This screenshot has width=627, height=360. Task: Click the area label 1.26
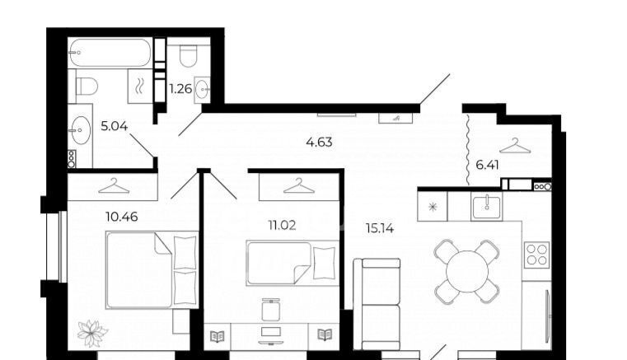(180, 88)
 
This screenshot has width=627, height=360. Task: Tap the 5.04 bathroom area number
(115, 126)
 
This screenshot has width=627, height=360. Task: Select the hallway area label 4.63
(319, 142)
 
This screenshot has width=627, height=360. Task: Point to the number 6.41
(487, 165)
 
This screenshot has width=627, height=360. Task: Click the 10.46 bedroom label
(122, 217)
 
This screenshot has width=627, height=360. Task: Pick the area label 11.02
(283, 226)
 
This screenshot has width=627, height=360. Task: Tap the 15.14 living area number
(380, 228)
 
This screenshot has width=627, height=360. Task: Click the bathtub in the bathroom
(110, 53)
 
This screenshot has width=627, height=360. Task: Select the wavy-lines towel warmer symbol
(140, 86)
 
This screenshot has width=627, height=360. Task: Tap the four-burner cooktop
(536, 255)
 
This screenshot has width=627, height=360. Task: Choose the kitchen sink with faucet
(487, 206)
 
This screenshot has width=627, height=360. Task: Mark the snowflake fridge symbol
(433, 207)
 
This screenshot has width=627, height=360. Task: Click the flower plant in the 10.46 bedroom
(92, 333)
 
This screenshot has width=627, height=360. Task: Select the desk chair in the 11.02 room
(271, 309)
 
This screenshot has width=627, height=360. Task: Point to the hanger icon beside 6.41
(516, 146)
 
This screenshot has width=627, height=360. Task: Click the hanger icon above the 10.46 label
(114, 185)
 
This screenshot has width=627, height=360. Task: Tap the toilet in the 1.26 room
(189, 56)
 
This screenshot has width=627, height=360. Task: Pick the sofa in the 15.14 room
(377, 305)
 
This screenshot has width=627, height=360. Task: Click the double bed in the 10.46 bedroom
(152, 270)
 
